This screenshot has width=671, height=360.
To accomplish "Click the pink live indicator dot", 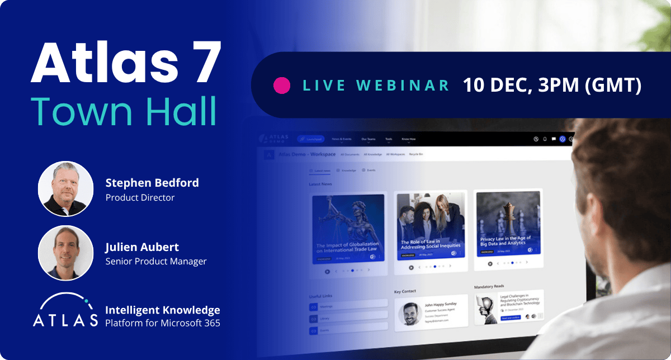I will tap(281, 85).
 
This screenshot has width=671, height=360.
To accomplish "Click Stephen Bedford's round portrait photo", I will tap(65, 189).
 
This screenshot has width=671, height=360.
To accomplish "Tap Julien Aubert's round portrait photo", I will tap(65, 253).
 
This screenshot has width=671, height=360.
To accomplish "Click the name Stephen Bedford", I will tap(152, 183).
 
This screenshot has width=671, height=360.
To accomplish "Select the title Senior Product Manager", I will tap(156, 261).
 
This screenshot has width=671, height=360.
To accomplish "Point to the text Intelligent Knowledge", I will tap(163, 310).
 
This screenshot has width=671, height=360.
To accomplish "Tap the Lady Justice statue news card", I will tap(348, 229).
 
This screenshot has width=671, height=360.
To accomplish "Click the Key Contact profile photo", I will tap(410, 314).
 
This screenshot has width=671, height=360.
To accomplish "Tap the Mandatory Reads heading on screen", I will tap(489, 287).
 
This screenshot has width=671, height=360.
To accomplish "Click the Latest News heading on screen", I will tap(320, 184).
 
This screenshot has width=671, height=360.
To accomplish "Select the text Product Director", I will tap(140, 197).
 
